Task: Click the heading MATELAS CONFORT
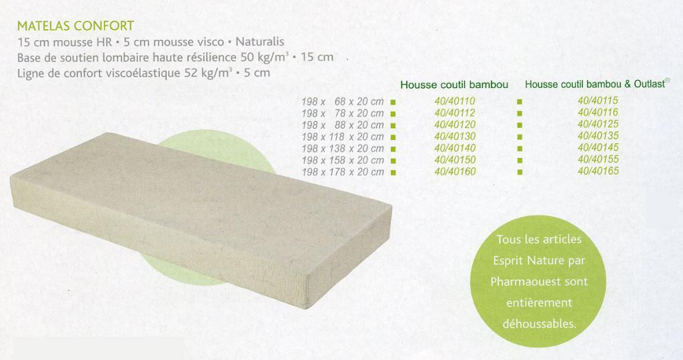click(75, 26)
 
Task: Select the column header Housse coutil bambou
click(454, 85)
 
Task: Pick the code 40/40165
click(598, 171)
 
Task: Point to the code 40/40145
click(598, 147)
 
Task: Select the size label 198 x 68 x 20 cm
click(343, 101)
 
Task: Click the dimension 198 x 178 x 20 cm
click(343, 172)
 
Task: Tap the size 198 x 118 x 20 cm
click(343, 137)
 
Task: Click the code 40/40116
click(598, 112)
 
